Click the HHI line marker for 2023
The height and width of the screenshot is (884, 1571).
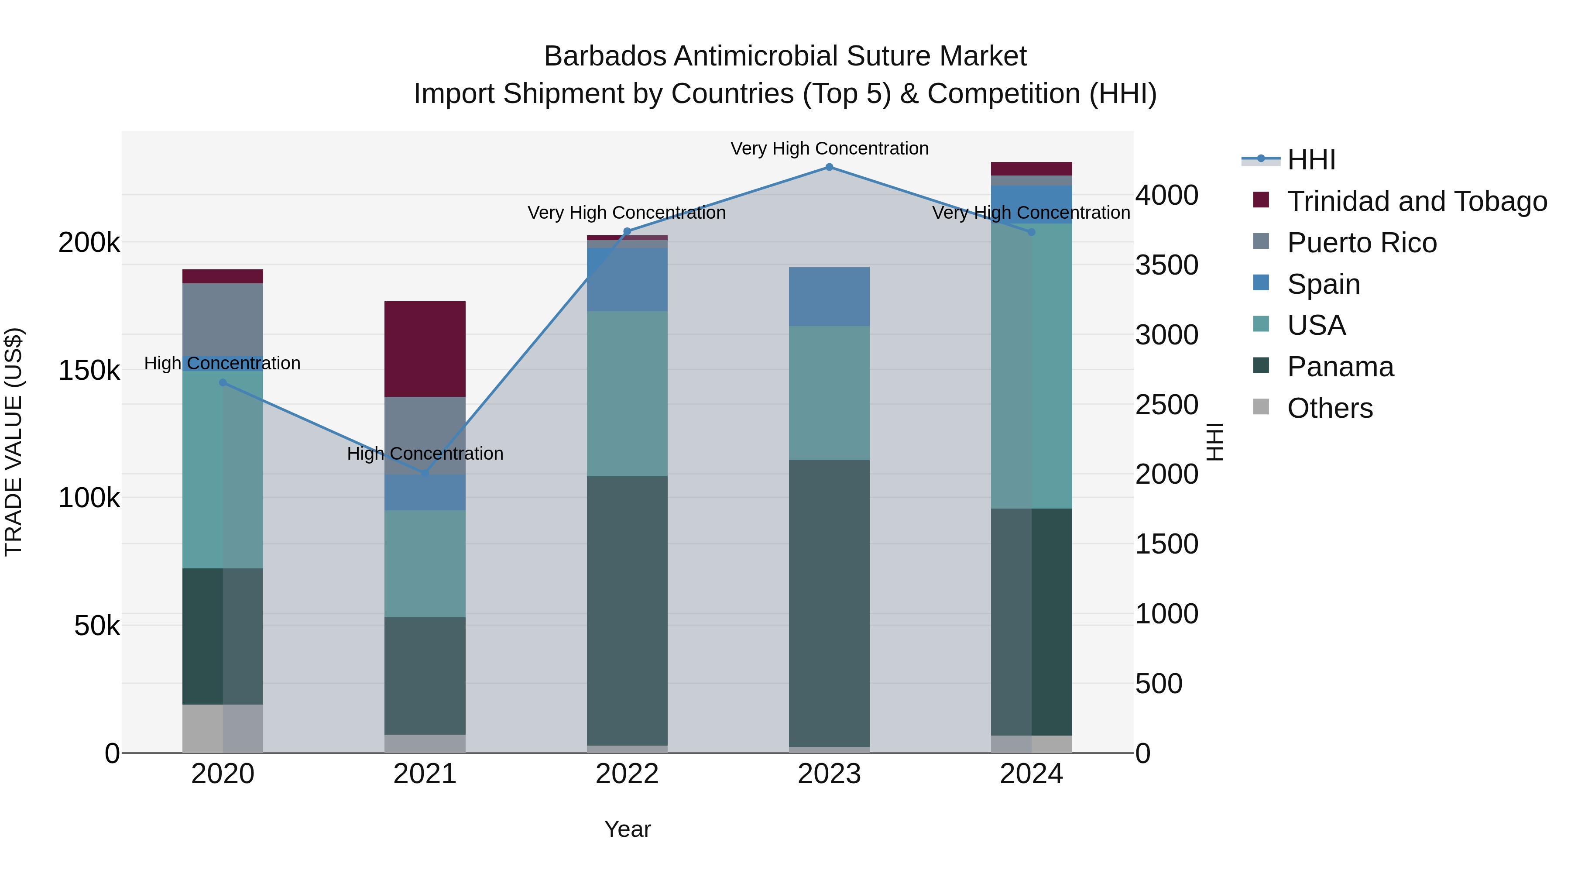point(829,167)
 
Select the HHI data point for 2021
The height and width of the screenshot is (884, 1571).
point(425,473)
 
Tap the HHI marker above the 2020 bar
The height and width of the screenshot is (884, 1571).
point(223,382)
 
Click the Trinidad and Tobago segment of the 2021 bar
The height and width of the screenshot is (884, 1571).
point(425,349)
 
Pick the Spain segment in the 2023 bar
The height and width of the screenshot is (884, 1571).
point(829,296)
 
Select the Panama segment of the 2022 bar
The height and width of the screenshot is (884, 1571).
point(627,610)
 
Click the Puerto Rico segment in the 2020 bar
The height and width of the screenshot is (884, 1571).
point(223,319)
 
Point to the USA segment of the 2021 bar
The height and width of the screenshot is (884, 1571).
point(425,563)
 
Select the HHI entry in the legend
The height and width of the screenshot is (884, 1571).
point(1311,160)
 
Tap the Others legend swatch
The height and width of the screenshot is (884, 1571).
point(1261,407)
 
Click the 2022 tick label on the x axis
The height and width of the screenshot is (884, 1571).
point(627,774)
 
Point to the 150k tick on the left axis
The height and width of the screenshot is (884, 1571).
point(89,370)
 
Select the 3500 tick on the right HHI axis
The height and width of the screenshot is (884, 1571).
point(1166,265)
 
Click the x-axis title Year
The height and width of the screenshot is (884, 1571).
point(628,829)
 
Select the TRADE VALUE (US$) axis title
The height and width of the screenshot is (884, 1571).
point(14,442)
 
